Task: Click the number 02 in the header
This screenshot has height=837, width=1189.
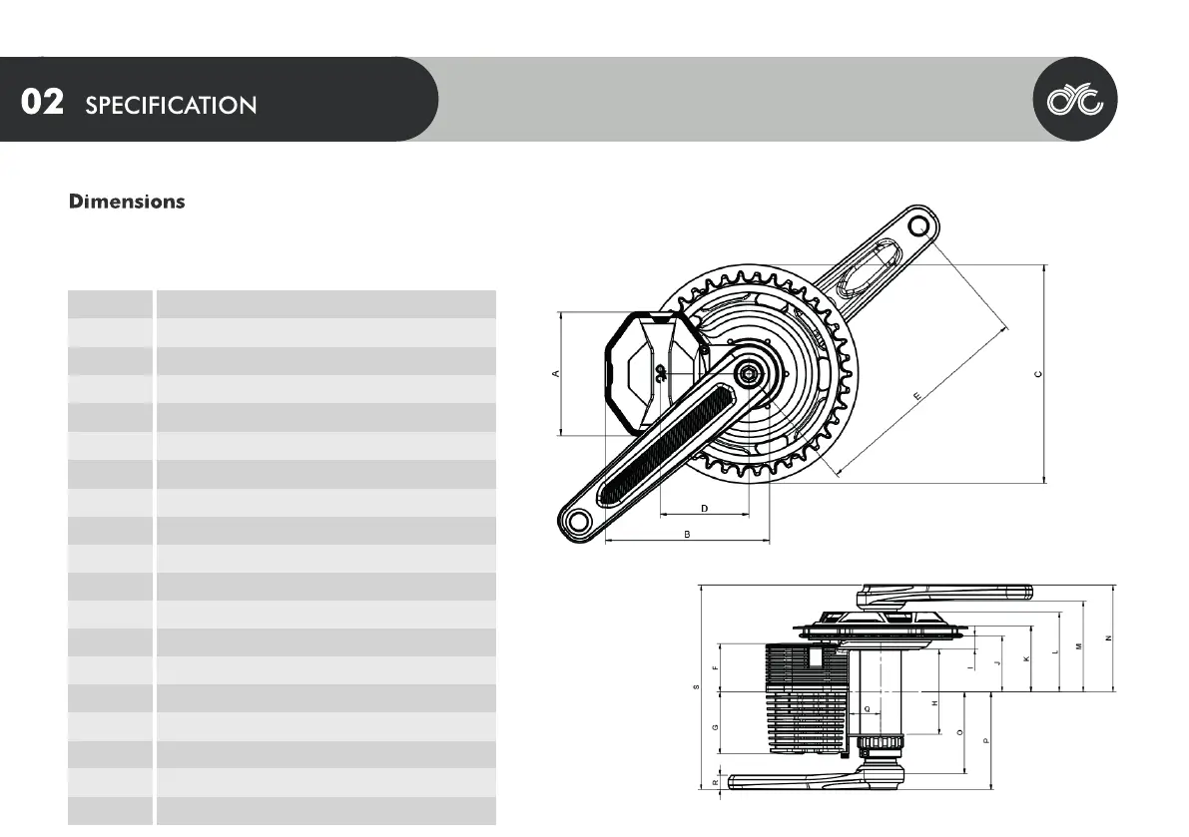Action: (43, 103)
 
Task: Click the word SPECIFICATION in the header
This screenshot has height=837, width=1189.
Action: (171, 105)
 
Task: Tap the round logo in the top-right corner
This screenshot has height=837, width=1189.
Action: (1074, 99)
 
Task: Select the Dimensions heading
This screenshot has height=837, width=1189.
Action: (127, 202)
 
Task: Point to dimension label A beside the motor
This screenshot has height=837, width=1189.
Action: (556, 374)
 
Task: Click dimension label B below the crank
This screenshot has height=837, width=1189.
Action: (687, 535)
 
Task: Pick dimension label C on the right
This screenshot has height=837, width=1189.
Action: (1038, 374)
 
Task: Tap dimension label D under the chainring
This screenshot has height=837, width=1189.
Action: (704, 508)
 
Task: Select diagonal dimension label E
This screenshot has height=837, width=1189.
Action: (916, 396)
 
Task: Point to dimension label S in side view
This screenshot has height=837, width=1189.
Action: (696, 686)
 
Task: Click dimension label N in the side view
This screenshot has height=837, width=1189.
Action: (1108, 638)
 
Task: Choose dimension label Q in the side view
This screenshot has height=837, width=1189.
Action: (867, 708)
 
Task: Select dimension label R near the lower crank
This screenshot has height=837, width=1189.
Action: (716, 783)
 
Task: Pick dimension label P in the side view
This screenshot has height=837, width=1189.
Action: (986, 740)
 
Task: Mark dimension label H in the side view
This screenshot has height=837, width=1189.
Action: (934, 703)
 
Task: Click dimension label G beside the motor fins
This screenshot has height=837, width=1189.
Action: (716, 726)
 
